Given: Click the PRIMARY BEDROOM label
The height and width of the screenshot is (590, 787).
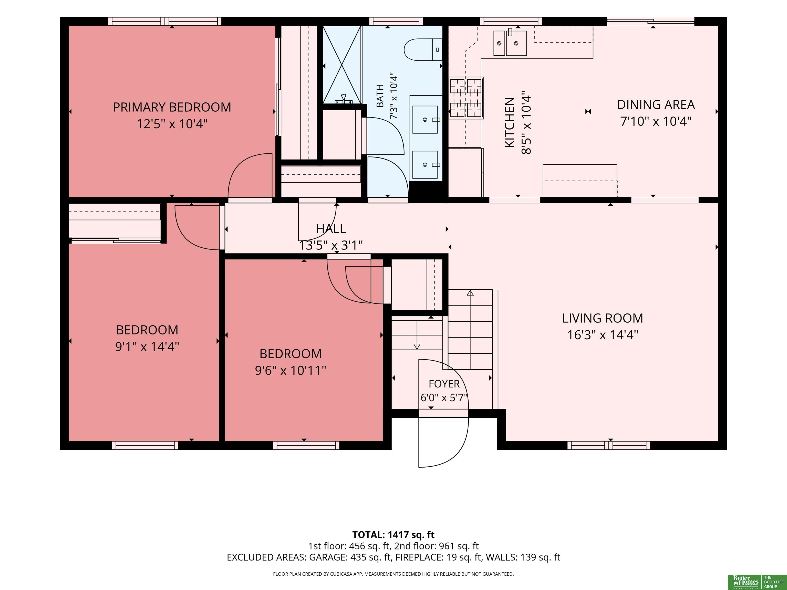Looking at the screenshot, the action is point(172,107).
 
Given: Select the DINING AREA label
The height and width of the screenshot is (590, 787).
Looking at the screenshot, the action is point(656,104).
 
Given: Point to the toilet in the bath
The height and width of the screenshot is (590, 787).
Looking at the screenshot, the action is point(423,49).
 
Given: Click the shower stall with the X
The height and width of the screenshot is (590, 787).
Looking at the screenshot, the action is point(341,65).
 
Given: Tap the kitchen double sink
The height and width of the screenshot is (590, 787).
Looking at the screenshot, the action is point(510,43).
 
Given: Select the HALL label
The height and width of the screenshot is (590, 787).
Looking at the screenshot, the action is point(331,228).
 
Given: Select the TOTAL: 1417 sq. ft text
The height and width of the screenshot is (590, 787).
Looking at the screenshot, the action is point(393,534).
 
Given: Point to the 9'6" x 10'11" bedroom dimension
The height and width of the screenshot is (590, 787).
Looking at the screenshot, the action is point(290,371).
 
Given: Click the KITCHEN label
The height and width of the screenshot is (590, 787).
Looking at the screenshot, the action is point(510,123).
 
